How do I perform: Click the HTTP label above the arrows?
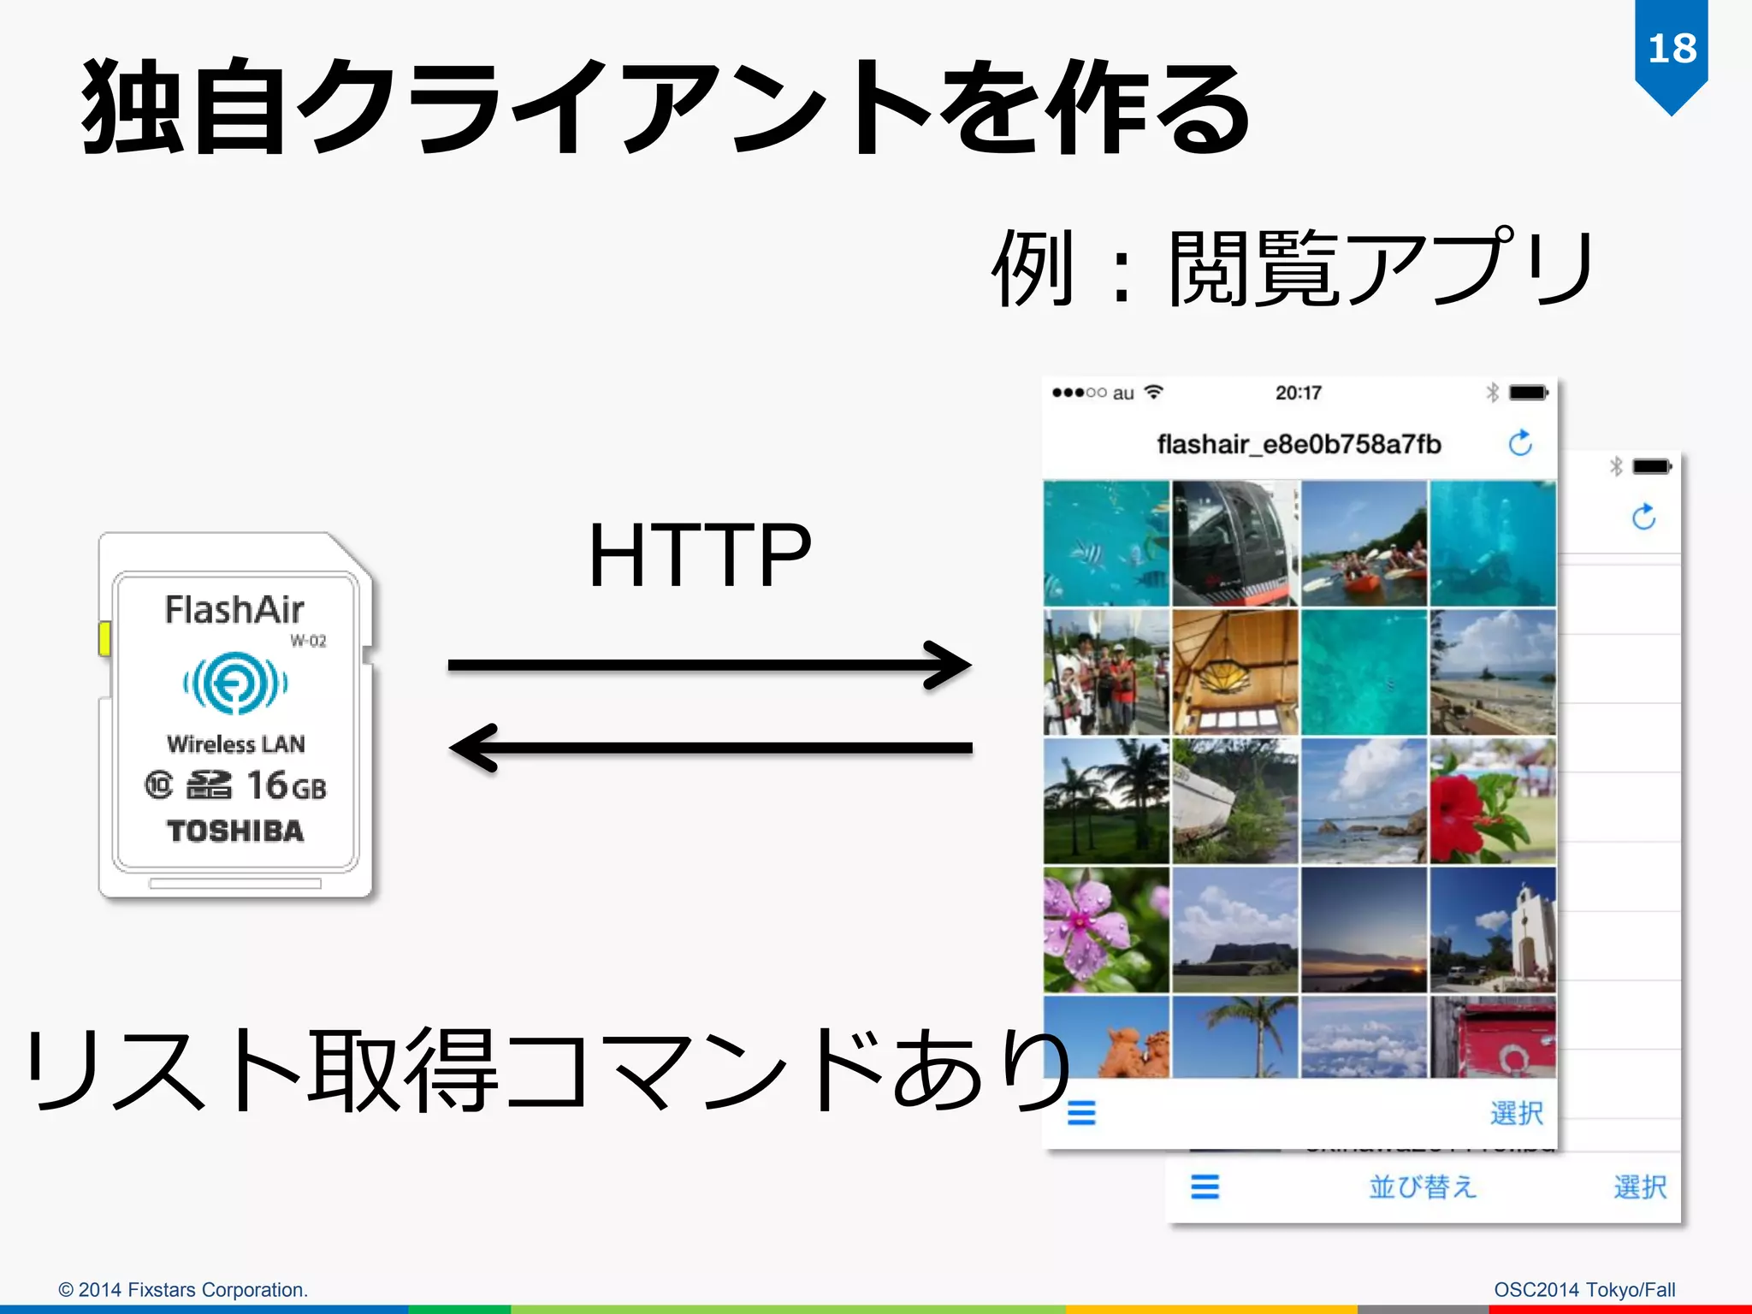(x=699, y=556)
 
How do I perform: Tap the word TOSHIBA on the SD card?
(x=235, y=831)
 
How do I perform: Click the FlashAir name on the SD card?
(x=234, y=611)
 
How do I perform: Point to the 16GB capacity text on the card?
(x=286, y=785)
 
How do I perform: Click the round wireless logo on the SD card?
(x=235, y=683)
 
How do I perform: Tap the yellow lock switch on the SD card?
(x=104, y=639)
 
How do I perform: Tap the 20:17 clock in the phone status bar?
(x=1298, y=393)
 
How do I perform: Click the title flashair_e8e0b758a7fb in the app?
(x=1299, y=444)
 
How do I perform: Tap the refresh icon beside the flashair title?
(x=1520, y=443)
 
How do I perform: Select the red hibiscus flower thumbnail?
(x=1493, y=802)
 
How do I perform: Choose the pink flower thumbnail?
(x=1106, y=930)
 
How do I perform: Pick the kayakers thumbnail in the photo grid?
(x=1364, y=544)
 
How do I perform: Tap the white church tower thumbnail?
(x=1493, y=930)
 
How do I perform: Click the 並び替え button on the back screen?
(x=1423, y=1187)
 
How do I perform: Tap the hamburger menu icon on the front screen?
(x=1081, y=1113)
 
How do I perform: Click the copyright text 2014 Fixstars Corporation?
(x=183, y=1289)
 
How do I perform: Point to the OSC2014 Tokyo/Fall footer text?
(x=1584, y=1289)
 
